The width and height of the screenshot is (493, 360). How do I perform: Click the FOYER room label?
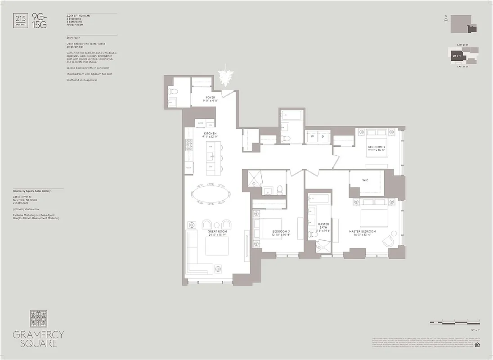coord(210,98)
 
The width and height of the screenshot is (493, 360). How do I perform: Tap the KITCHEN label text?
coord(210,134)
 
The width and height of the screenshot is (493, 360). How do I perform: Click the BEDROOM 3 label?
coord(281,232)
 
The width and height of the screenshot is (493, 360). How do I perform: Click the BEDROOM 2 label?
coord(376,147)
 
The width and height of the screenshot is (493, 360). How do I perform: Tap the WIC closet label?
coord(365,180)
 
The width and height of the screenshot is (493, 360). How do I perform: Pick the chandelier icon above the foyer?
coord(224,77)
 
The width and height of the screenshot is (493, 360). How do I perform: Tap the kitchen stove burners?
coord(188,144)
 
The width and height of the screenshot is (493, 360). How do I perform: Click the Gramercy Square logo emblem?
coord(39,319)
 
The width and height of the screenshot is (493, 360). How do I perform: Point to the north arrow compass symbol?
coord(446,19)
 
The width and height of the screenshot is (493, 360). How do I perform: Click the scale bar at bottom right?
coord(454,323)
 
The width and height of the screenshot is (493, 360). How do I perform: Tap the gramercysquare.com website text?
coord(26,209)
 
